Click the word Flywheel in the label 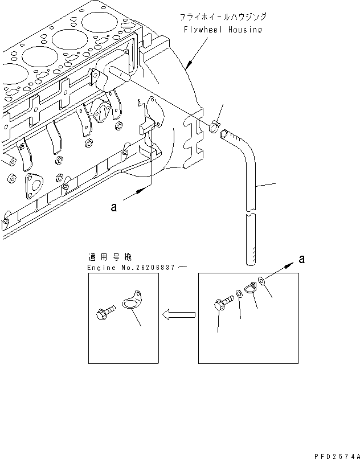coord(201,30)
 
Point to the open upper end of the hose coord(224,134)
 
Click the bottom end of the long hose coord(250,262)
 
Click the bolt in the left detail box coord(104,312)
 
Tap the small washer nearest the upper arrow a coord(261,280)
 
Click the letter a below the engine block coord(114,208)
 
